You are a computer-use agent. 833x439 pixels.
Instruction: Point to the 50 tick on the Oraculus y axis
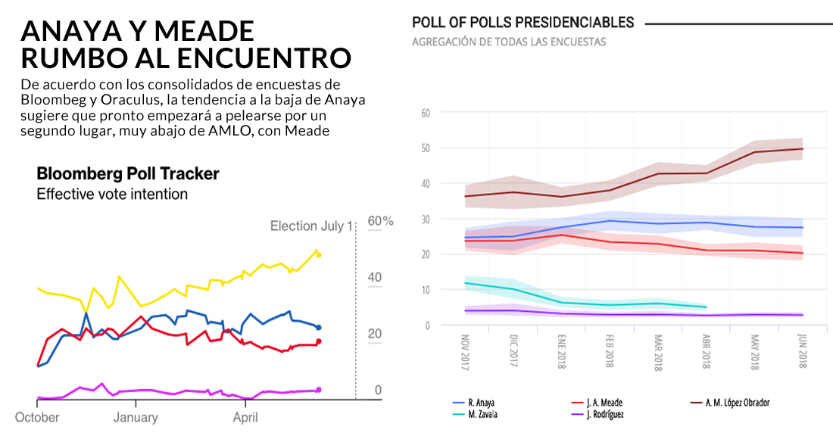pyautogui.click(x=425, y=148)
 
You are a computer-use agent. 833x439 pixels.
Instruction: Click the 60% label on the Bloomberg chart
pyautogui.click(x=380, y=221)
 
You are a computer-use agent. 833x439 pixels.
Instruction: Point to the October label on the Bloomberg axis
pyautogui.click(x=37, y=418)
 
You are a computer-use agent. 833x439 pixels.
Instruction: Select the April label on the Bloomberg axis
pyautogui.click(x=245, y=418)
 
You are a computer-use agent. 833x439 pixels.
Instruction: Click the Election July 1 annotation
pyautogui.click(x=311, y=226)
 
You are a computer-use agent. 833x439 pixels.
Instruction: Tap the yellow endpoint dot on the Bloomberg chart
pyautogui.click(x=319, y=255)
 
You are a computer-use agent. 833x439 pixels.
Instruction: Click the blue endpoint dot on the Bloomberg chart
pyautogui.click(x=319, y=328)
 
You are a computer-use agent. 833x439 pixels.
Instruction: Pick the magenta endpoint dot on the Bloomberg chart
pyautogui.click(x=319, y=390)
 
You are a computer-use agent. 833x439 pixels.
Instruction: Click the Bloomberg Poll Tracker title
pyautogui.click(x=128, y=174)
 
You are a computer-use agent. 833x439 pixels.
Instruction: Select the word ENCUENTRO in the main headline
pyautogui.click(x=266, y=58)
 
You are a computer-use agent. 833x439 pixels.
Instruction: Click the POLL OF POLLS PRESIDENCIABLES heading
pyautogui.click(x=523, y=23)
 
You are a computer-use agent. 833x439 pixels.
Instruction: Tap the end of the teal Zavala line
pyautogui.click(x=706, y=307)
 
